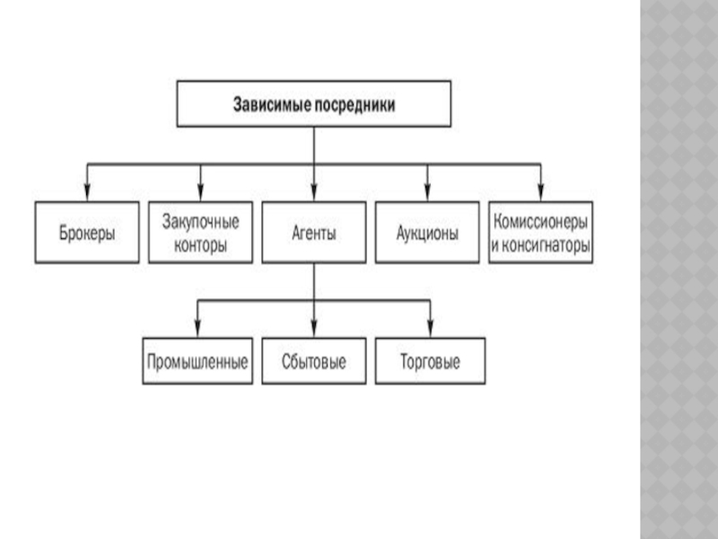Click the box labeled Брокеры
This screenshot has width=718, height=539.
[x=87, y=232]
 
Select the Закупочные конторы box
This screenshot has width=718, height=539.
[x=200, y=232]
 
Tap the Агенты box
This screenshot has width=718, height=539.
[x=314, y=232]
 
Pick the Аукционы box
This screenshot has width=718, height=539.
[x=428, y=232]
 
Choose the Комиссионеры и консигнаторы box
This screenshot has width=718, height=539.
[x=541, y=232]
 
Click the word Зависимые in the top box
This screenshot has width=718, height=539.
[x=271, y=104]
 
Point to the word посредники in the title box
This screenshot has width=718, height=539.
[x=352, y=104]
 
